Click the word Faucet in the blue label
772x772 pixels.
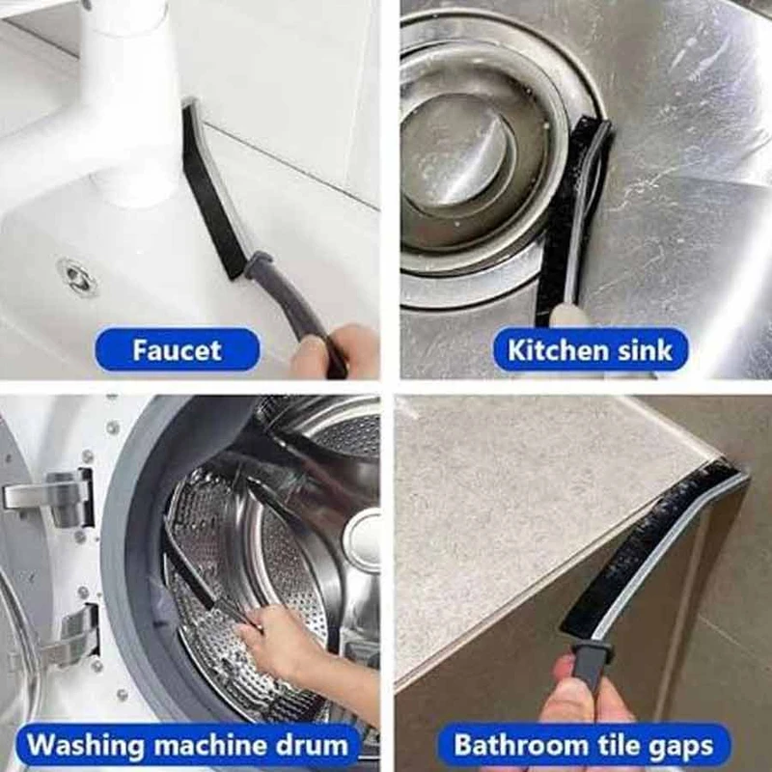click(177, 350)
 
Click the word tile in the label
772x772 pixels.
click(620, 744)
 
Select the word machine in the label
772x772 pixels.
click(211, 744)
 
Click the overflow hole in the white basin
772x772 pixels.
click(77, 276)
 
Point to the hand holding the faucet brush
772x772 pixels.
click(335, 350)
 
